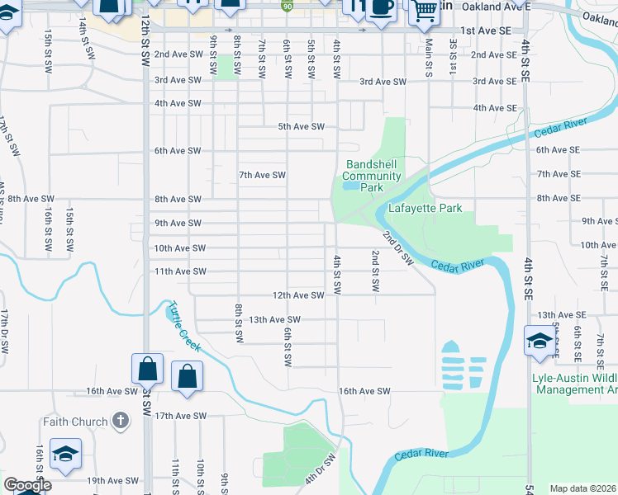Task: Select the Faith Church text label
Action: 75,422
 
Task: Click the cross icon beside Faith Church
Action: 120,422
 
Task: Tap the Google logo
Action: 27,485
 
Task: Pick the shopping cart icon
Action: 425,10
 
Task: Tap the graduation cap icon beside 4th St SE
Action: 539,340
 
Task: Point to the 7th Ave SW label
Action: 262,175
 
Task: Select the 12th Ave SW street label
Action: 298,295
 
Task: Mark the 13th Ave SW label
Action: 275,319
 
